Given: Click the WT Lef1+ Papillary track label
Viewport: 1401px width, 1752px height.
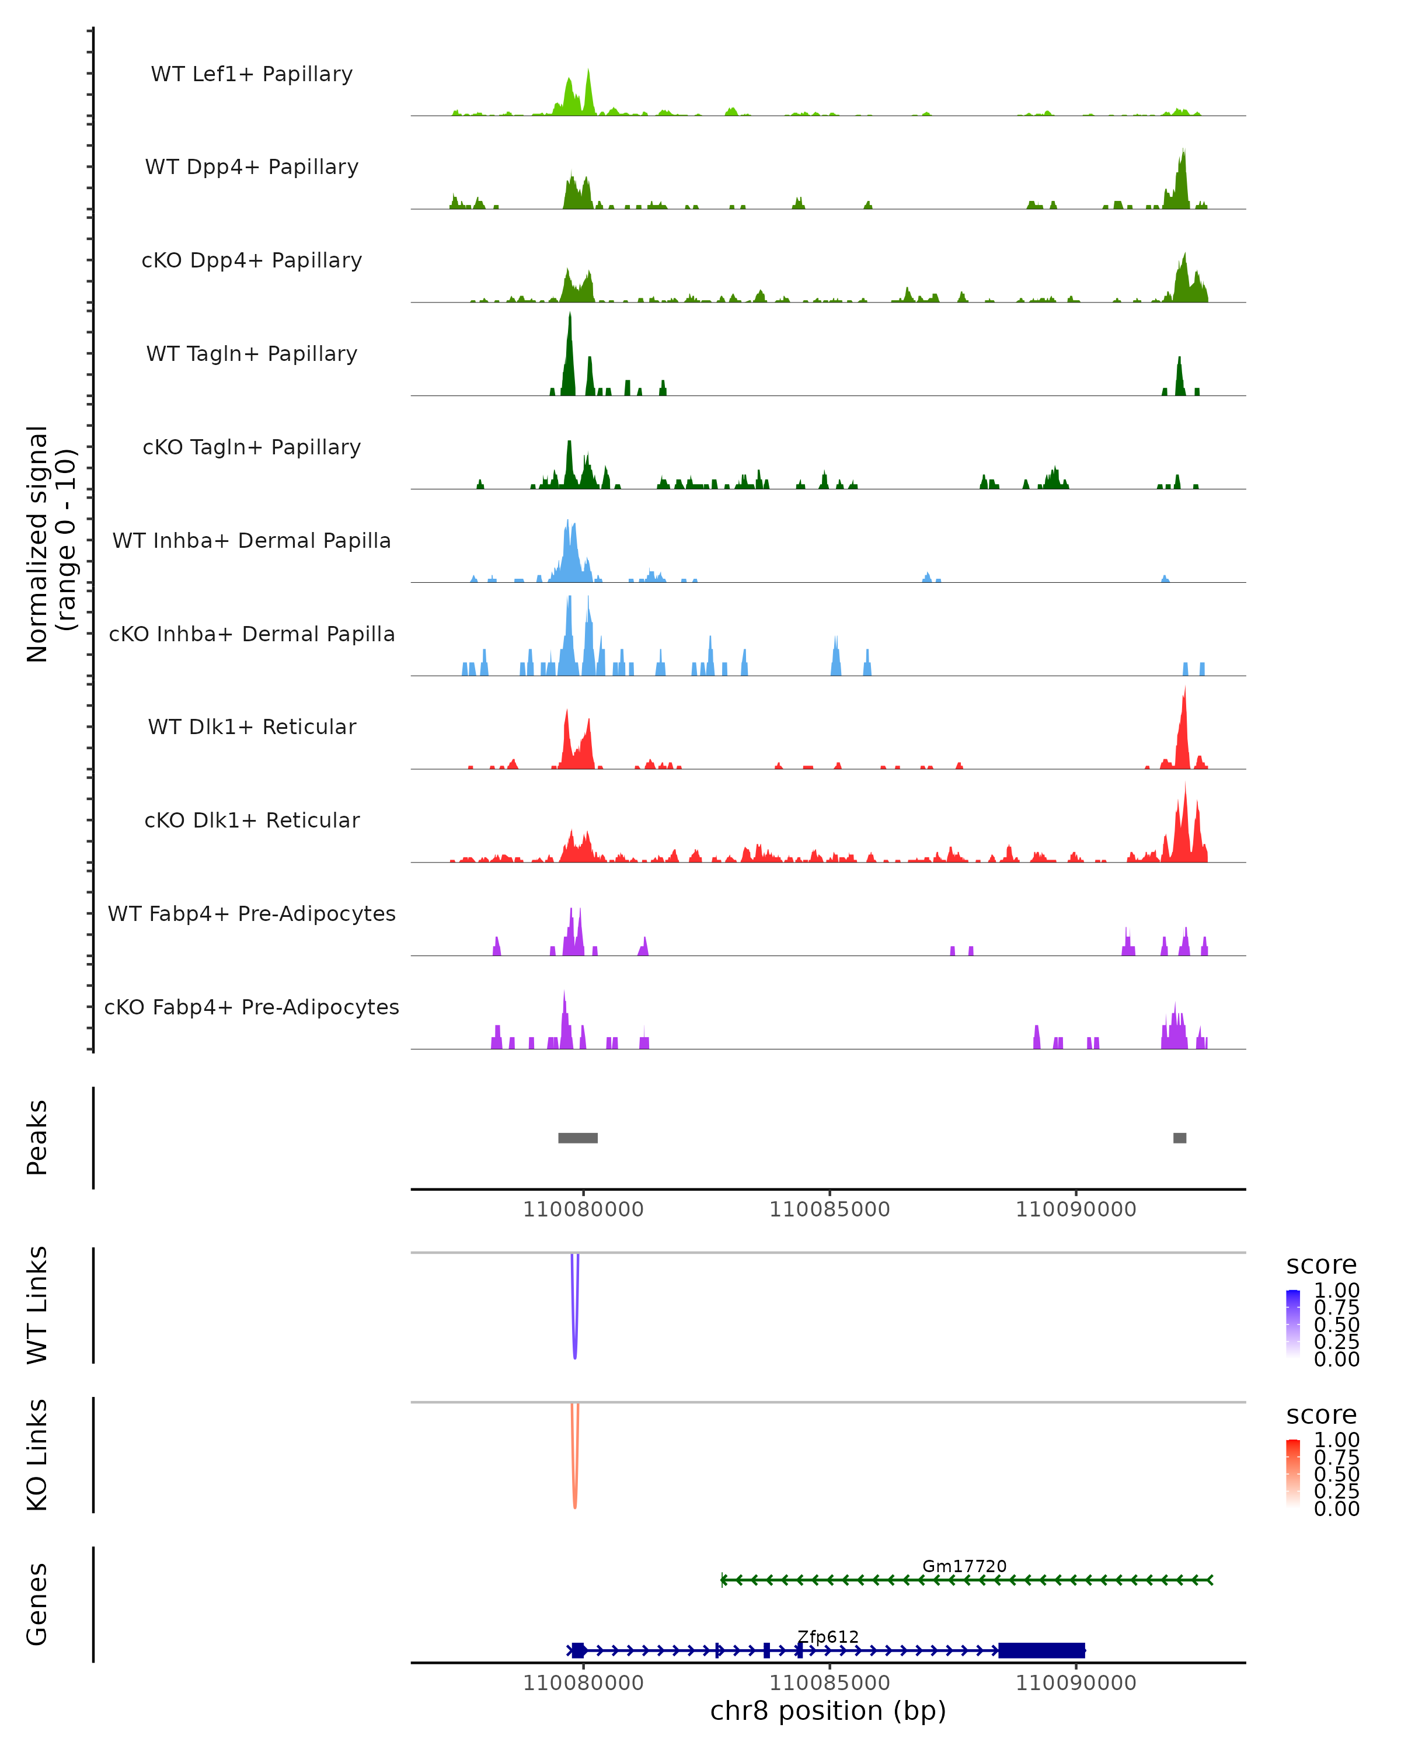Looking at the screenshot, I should (x=252, y=74).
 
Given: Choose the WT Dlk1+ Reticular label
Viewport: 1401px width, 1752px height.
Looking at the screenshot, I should (x=252, y=726).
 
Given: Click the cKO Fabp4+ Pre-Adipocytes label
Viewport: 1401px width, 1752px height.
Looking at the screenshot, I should (x=252, y=1007).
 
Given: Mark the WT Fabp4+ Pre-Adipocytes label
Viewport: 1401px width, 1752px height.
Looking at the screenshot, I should (x=252, y=913).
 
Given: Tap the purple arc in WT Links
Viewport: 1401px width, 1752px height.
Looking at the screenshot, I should (x=575, y=1333).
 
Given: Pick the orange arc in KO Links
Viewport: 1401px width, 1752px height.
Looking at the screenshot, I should (x=575, y=1482).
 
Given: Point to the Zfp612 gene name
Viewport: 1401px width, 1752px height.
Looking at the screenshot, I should (x=828, y=1636).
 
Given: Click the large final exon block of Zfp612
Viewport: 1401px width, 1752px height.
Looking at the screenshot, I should (x=1041, y=1650).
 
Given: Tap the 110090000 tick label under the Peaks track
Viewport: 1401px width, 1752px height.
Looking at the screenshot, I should (x=1075, y=1209).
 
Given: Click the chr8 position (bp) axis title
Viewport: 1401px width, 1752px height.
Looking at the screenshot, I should (x=828, y=1711).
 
